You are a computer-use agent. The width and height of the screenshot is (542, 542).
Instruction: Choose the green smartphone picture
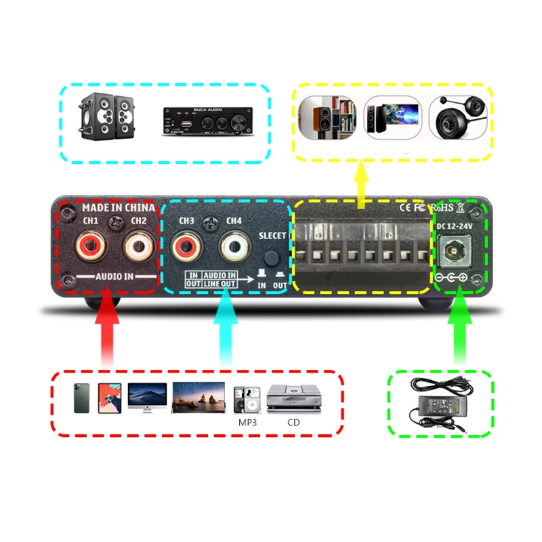click(81, 398)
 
